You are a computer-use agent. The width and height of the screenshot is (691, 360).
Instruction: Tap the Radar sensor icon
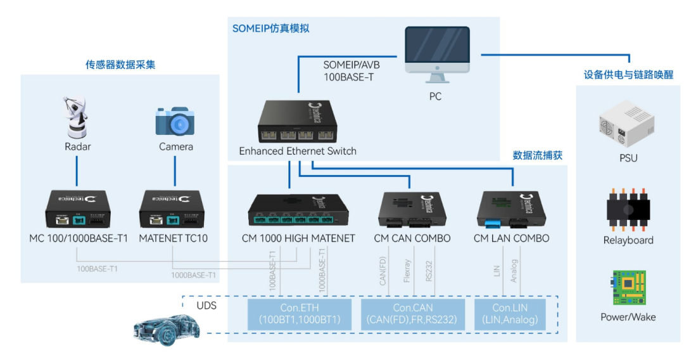(76, 117)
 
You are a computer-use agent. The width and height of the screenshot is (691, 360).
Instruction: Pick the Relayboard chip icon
(628, 209)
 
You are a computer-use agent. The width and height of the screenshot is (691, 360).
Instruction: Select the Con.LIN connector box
(510, 314)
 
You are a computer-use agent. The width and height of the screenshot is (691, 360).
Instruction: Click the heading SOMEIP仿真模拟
(270, 29)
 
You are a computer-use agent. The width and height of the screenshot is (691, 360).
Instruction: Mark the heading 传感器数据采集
(120, 65)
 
